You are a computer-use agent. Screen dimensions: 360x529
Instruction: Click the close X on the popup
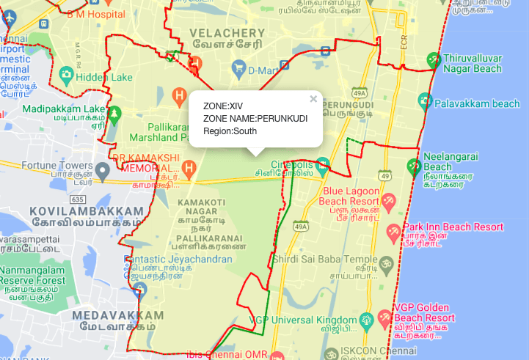click(313, 99)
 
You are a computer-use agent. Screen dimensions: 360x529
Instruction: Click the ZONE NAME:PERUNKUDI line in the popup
click(255, 119)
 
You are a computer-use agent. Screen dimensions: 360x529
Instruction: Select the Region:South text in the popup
click(230, 131)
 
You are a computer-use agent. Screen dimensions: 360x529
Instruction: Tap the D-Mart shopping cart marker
click(238, 70)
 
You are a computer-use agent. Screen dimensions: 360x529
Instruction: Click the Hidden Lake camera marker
click(67, 75)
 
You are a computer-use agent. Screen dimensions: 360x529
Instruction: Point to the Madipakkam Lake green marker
click(114, 114)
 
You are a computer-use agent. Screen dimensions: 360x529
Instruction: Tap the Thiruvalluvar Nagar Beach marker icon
click(434, 59)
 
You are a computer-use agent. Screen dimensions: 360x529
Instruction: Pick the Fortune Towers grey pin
click(103, 172)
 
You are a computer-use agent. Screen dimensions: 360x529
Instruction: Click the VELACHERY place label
click(227, 33)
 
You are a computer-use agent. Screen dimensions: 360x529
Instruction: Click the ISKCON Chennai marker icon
click(328, 353)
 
